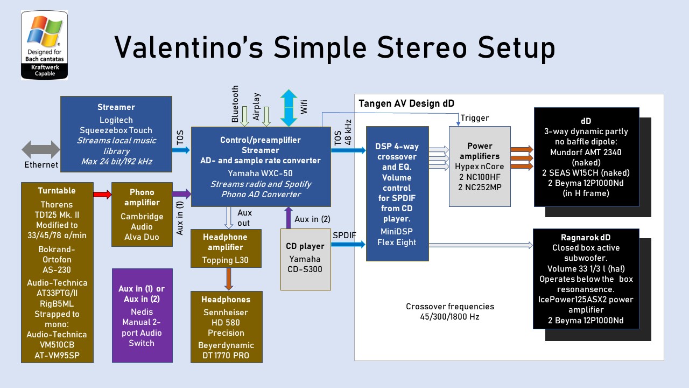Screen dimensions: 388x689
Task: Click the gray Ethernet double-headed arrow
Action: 41,150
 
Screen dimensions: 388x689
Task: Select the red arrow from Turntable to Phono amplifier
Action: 102,195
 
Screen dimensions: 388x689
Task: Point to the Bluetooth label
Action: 235,103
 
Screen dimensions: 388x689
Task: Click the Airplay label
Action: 256,106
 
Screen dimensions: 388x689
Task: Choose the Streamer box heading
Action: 116,107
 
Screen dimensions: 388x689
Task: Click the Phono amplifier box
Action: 142,214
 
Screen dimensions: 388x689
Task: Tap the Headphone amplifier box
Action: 226,248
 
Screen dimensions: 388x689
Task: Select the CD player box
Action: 305,259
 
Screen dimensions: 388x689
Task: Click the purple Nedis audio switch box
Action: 142,315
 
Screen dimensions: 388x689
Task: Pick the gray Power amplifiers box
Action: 480,167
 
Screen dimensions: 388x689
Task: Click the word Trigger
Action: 475,118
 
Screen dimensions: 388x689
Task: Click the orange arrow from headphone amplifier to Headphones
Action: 229,279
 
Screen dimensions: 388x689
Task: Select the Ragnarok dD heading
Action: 586,238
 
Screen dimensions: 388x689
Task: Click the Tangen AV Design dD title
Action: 406,103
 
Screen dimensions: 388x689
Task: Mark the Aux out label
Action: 244,218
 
